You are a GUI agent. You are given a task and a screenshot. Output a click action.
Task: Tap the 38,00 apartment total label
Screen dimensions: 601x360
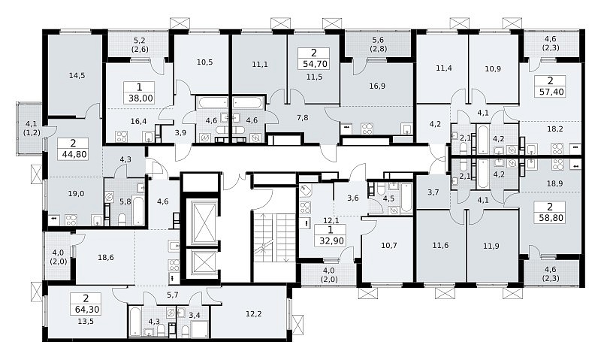(x=139, y=98)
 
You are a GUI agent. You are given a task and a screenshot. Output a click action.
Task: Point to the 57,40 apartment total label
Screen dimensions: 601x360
(x=550, y=91)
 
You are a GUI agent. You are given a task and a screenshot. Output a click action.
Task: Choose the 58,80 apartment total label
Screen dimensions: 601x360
(x=550, y=218)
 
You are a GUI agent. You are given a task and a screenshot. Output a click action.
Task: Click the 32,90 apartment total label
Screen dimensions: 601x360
(x=331, y=241)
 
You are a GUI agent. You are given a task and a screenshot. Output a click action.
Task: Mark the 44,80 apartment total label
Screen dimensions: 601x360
(x=73, y=155)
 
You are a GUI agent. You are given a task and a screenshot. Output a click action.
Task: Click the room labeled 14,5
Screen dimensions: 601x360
(x=77, y=75)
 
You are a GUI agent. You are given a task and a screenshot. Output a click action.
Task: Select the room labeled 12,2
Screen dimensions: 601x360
(x=254, y=314)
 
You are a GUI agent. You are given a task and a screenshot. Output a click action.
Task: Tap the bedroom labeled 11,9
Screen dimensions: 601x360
(x=491, y=246)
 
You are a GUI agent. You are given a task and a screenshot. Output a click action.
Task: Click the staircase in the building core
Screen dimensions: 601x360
(x=273, y=238)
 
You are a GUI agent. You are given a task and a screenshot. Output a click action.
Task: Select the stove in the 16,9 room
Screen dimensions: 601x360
(x=367, y=128)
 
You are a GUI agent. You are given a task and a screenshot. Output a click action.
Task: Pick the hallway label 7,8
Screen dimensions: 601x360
(x=303, y=118)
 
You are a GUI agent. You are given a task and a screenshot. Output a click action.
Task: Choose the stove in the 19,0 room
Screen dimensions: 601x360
(x=71, y=220)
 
